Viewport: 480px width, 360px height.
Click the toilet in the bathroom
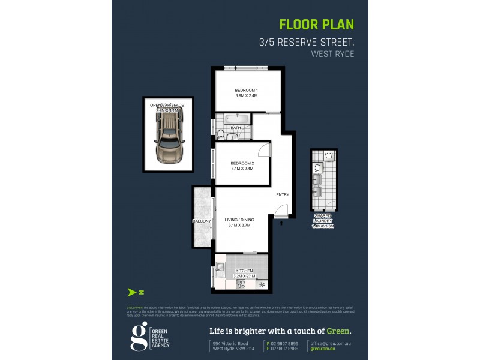221,133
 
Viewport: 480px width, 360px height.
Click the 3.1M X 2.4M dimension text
242,169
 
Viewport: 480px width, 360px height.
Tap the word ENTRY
283,194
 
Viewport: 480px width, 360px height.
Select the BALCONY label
202,221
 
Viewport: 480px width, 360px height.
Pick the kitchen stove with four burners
241,284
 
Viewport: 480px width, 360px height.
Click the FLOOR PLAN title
317,25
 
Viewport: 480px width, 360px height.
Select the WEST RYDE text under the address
332,53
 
